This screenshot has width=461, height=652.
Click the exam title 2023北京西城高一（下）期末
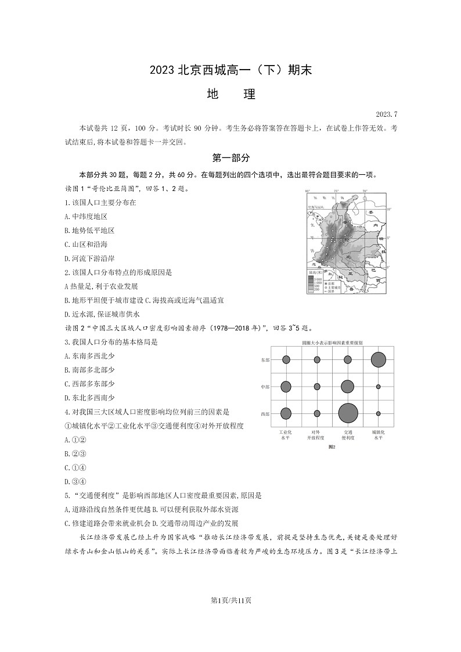pyautogui.click(x=230, y=70)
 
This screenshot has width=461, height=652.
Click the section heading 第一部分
pyautogui.click(x=230, y=158)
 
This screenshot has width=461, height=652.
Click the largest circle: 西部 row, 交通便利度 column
pyautogui.click(x=348, y=413)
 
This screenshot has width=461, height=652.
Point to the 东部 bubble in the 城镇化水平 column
pyautogui.click(x=378, y=360)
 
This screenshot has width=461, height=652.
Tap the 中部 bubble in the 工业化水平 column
pyautogui.click(x=286, y=387)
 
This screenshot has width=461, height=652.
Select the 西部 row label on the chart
pyautogui.click(x=265, y=414)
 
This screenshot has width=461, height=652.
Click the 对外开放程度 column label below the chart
pyautogui.click(x=316, y=435)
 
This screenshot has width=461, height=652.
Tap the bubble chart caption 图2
pyautogui.click(x=332, y=446)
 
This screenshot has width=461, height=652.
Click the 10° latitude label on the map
pyautogui.click(x=389, y=210)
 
